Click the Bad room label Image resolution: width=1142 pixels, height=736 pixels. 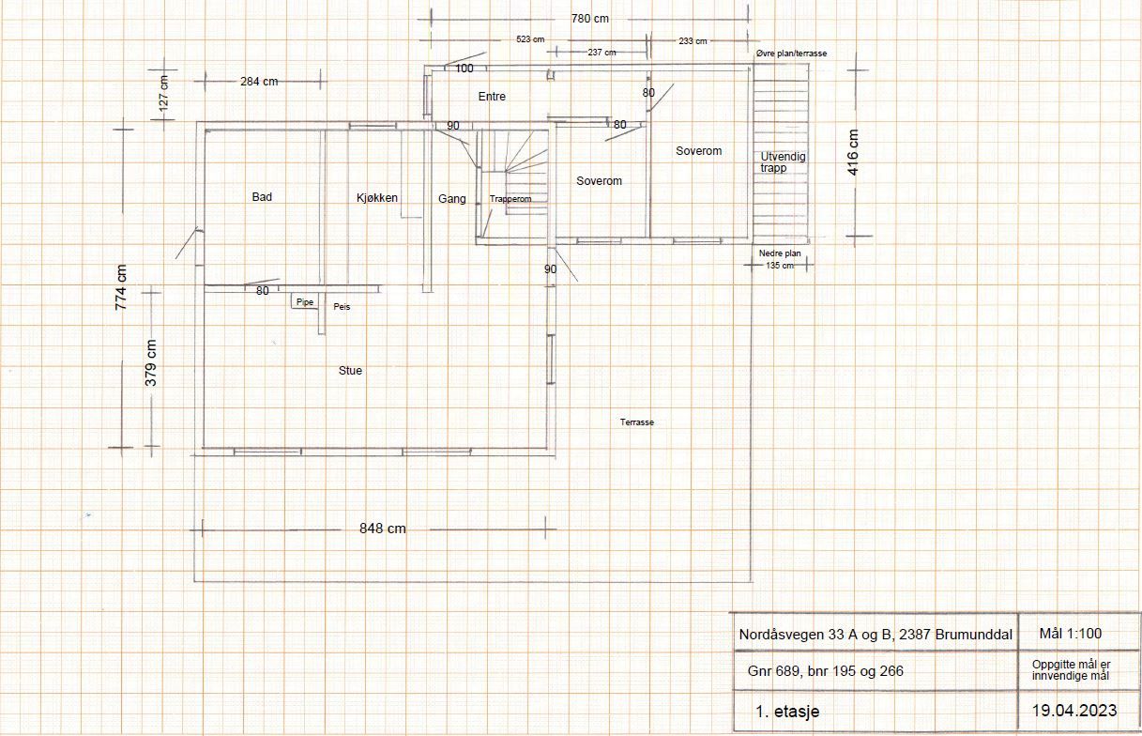coord(262,197)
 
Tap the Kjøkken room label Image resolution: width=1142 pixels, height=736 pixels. coord(377,198)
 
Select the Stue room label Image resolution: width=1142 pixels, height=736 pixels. coord(350,370)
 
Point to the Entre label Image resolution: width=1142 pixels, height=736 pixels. coord(492,97)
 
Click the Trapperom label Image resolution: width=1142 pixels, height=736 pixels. coord(510,199)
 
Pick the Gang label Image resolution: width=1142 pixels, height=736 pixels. coord(452,199)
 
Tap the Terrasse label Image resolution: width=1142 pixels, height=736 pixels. coord(637,422)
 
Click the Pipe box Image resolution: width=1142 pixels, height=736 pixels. coord(305,301)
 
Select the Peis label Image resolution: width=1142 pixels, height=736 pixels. coord(342,307)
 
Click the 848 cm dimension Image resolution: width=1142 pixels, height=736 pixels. coord(382,529)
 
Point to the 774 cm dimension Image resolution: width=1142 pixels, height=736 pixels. coord(121,287)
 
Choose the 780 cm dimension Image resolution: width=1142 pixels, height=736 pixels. coord(590,19)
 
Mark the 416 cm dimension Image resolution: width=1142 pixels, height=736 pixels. coord(853,152)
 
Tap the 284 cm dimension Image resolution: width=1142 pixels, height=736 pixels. coord(259,81)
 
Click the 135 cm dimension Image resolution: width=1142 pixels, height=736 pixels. coord(780,266)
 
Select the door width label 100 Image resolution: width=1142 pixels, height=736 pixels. coord(464,69)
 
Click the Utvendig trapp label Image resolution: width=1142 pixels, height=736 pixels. coord(783,162)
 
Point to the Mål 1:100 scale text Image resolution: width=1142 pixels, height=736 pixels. coord(1071,634)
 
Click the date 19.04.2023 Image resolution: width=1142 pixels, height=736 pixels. coord(1074,711)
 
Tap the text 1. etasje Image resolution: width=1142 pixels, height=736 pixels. coord(787,712)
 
